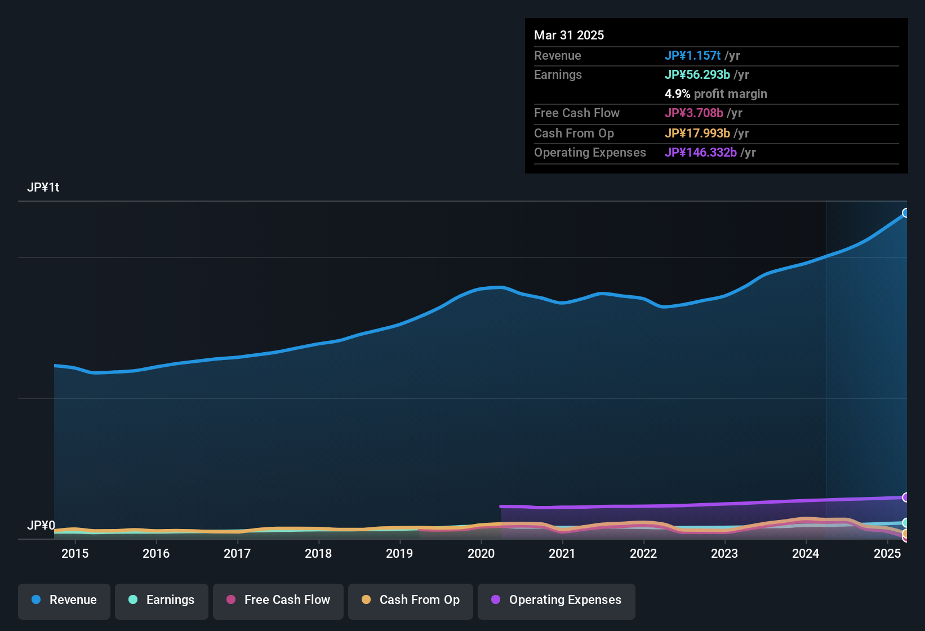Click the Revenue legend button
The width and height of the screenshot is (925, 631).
pos(64,600)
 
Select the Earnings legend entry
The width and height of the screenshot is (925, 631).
pos(162,600)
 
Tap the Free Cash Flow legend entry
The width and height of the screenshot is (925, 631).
pos(278,600)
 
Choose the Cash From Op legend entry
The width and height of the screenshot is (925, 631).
pos(411,600)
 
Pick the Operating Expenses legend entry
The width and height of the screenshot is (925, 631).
pos(557,600)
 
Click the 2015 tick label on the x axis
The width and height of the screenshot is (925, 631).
pos(75,553)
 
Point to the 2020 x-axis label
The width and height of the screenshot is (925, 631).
pos(481,553)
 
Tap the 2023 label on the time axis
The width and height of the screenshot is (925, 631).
pos(724,553)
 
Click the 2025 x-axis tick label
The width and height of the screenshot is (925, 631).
pos(887,553)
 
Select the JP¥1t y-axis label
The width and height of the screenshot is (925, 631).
pos(43,188)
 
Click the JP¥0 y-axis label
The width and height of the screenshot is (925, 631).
pos(41,526)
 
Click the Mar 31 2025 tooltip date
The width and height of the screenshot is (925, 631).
pos(569,35)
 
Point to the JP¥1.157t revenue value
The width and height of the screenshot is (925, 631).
pos(693,56)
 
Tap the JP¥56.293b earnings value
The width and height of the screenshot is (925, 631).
pos(697,75)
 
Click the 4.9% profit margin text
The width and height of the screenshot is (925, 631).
pos(716,94)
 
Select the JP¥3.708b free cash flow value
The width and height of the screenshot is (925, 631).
pos(694,113)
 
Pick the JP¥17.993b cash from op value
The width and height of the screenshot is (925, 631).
pos(697,134)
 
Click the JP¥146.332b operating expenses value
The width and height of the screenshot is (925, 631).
pos(701,153)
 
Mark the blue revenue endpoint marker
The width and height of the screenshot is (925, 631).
pos(906,213)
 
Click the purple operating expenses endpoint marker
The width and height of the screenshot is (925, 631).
pos(906,497)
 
